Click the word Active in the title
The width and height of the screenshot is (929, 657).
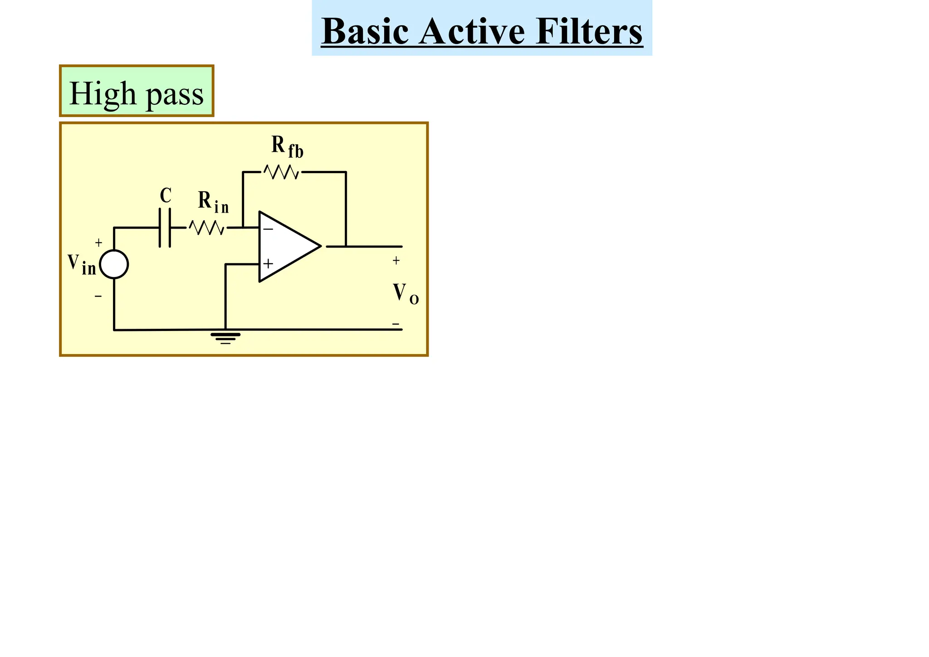click(x=472, y=31)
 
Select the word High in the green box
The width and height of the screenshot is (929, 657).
click(x=103, y=93)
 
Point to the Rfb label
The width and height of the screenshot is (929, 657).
click(x=287, y=146)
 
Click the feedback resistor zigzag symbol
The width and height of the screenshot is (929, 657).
click(x=282, y=172)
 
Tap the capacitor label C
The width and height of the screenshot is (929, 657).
click(x=166, y=196)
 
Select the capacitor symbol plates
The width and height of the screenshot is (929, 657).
click(x=165, y=228)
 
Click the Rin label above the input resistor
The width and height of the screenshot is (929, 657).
click(x=213, y=202)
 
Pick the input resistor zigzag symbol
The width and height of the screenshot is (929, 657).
click(x=206, y=228)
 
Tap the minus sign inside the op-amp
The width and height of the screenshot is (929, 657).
click(x=268, y=229)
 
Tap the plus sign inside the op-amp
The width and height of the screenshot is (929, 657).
click(x=268, y=264)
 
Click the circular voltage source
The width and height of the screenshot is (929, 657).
click(x=114, y=264)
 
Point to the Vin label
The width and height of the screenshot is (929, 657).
click(x=82, y=264)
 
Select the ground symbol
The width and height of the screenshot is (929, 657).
click(x=225, y=338)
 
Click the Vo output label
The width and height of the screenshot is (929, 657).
click(x=406, y=293)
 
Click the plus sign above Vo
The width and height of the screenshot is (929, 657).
click(x=396, y=261)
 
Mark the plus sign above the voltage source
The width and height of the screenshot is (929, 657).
click(x=98, y=243)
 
